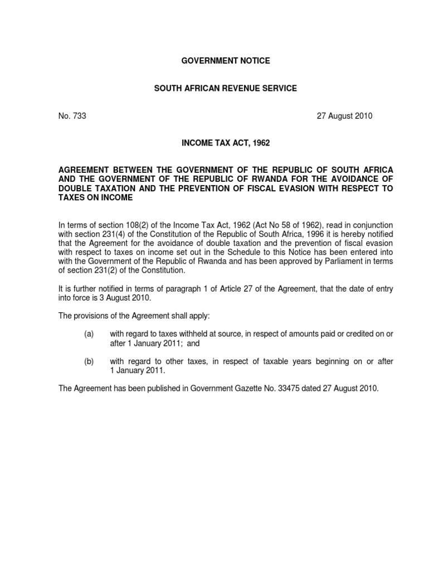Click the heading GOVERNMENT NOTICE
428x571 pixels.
[x=226, y=61]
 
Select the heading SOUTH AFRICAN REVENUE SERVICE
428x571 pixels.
[x=226, y=88]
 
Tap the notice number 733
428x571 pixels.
[x=80, y=116]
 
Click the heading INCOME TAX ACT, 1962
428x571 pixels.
[x=226, y=143]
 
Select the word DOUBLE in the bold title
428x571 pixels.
[x=75, y=188]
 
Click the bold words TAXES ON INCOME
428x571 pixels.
[x=96, y=198]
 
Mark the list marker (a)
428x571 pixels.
[x=89, y=333]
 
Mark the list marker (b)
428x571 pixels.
[x=89, y=361]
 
